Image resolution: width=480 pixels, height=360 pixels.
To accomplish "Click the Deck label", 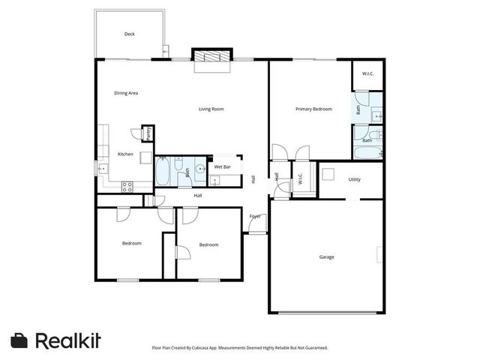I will pyautogui.click(x=129, y=34).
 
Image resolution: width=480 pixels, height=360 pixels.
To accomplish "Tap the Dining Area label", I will pyautogui.click(x=126, y=93).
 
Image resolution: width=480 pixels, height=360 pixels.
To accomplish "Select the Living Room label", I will pyautogui.click(x=211, y=109).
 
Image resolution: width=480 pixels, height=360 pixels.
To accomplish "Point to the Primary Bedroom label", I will pyautogui.click(x=313, y=109).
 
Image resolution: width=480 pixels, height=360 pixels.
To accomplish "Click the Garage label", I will pyautogui.click(x=327, y=257).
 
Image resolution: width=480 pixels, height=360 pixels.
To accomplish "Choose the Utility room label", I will pyautogui.click(x=355, y=179).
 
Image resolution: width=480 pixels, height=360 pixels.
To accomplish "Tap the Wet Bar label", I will pyautogui.click(x=223, y=166).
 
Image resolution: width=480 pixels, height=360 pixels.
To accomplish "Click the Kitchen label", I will pyautogui.click(x=125, y=154).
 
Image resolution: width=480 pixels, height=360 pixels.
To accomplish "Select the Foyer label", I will pyautogui.click(x=255, y=217).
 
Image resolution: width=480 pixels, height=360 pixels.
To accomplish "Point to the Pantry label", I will pyautogui.click(x=148, y=133).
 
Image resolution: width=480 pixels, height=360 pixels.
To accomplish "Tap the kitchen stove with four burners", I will pyautogui.click(x=127, y=187).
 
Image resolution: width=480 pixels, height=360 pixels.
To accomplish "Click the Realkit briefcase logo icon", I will pyautogui.click(x=20, y=340).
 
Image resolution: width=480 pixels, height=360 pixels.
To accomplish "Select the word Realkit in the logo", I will pyautogui.click(x=67, y=340).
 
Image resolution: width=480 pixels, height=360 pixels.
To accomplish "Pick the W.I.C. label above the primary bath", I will pyautogui.click(x=367, y=73).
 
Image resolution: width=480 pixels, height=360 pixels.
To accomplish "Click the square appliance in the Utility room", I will pyautogui.click(x=328, y=175).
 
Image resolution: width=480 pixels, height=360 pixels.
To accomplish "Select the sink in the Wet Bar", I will pyautogui.click(x=214, y=180).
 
